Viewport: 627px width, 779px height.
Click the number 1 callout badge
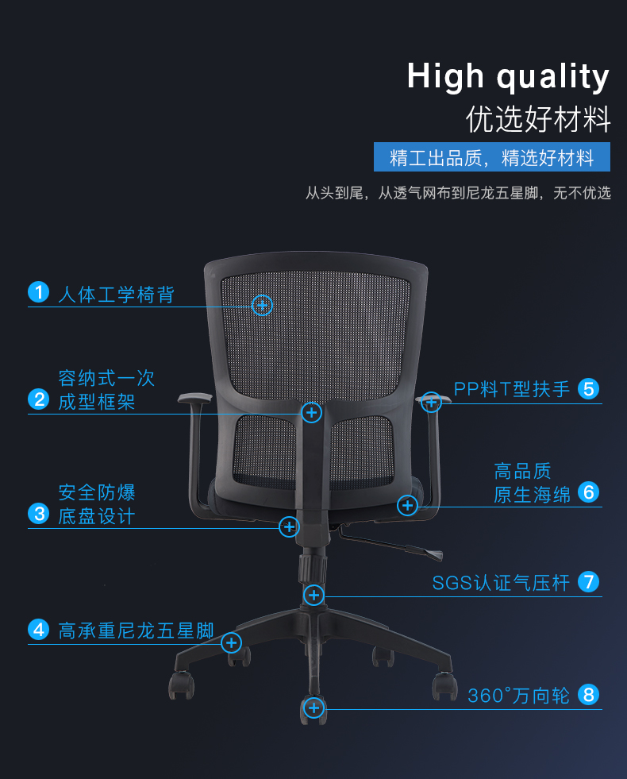point(38,292)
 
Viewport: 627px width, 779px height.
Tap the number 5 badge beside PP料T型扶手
point(588,388)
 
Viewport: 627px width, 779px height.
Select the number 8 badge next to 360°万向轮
point(588,695)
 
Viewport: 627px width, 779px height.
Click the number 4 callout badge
point(38,631)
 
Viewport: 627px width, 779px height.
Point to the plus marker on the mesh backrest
point(262,304)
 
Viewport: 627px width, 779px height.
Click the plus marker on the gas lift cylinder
point(314,595)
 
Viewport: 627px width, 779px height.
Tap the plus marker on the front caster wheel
point(314,708)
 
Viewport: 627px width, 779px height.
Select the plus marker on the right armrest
point(431,402)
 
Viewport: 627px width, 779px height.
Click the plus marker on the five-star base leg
point(231,642)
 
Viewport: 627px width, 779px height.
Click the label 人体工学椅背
point(116,295)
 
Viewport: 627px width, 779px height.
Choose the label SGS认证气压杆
point(501,583)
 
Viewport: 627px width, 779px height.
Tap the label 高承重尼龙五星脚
point(136,631)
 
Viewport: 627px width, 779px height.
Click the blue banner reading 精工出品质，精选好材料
point(492,158)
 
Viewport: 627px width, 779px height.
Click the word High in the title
point(445,77)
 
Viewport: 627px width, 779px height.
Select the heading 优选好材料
point(538,119)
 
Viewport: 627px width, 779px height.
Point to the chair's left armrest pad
point(194,398)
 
